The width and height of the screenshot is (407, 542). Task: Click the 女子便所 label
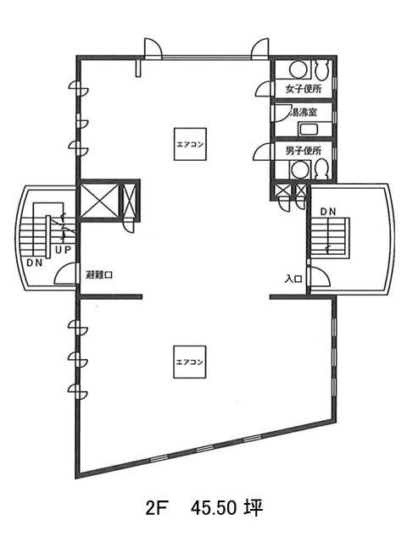click(x=304, y=89)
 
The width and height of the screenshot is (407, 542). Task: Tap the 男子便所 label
click(x=304, y=151)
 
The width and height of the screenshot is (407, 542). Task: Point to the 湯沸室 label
click(x=304, y=113)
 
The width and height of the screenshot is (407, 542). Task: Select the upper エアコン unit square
click(x=190, y=144)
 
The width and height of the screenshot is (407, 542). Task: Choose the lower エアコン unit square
click(x=190, y=362)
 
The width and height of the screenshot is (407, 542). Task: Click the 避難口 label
click(x=99, y=275)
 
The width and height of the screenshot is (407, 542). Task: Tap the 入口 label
click(x=293, y=279)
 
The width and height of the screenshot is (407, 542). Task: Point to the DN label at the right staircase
click(x=328, y=213)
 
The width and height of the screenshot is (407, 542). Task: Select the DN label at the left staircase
click(x=35, y=263)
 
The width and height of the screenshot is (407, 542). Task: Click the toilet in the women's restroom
click(x=321, y=69)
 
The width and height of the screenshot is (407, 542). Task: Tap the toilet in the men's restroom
click(x=321, y=169)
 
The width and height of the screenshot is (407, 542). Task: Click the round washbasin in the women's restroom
click(x=297, y=69)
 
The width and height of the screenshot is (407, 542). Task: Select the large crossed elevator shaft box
click(x=100, y=201)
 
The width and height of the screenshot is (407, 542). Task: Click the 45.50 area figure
click(x=214, y=508)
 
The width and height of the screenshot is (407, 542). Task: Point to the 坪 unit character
click(x=254, y=508)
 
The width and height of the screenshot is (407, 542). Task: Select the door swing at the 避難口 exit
click(x=66, y=274)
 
